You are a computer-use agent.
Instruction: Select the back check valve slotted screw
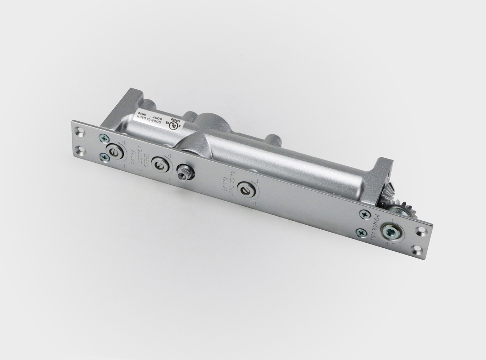coord(246,187)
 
